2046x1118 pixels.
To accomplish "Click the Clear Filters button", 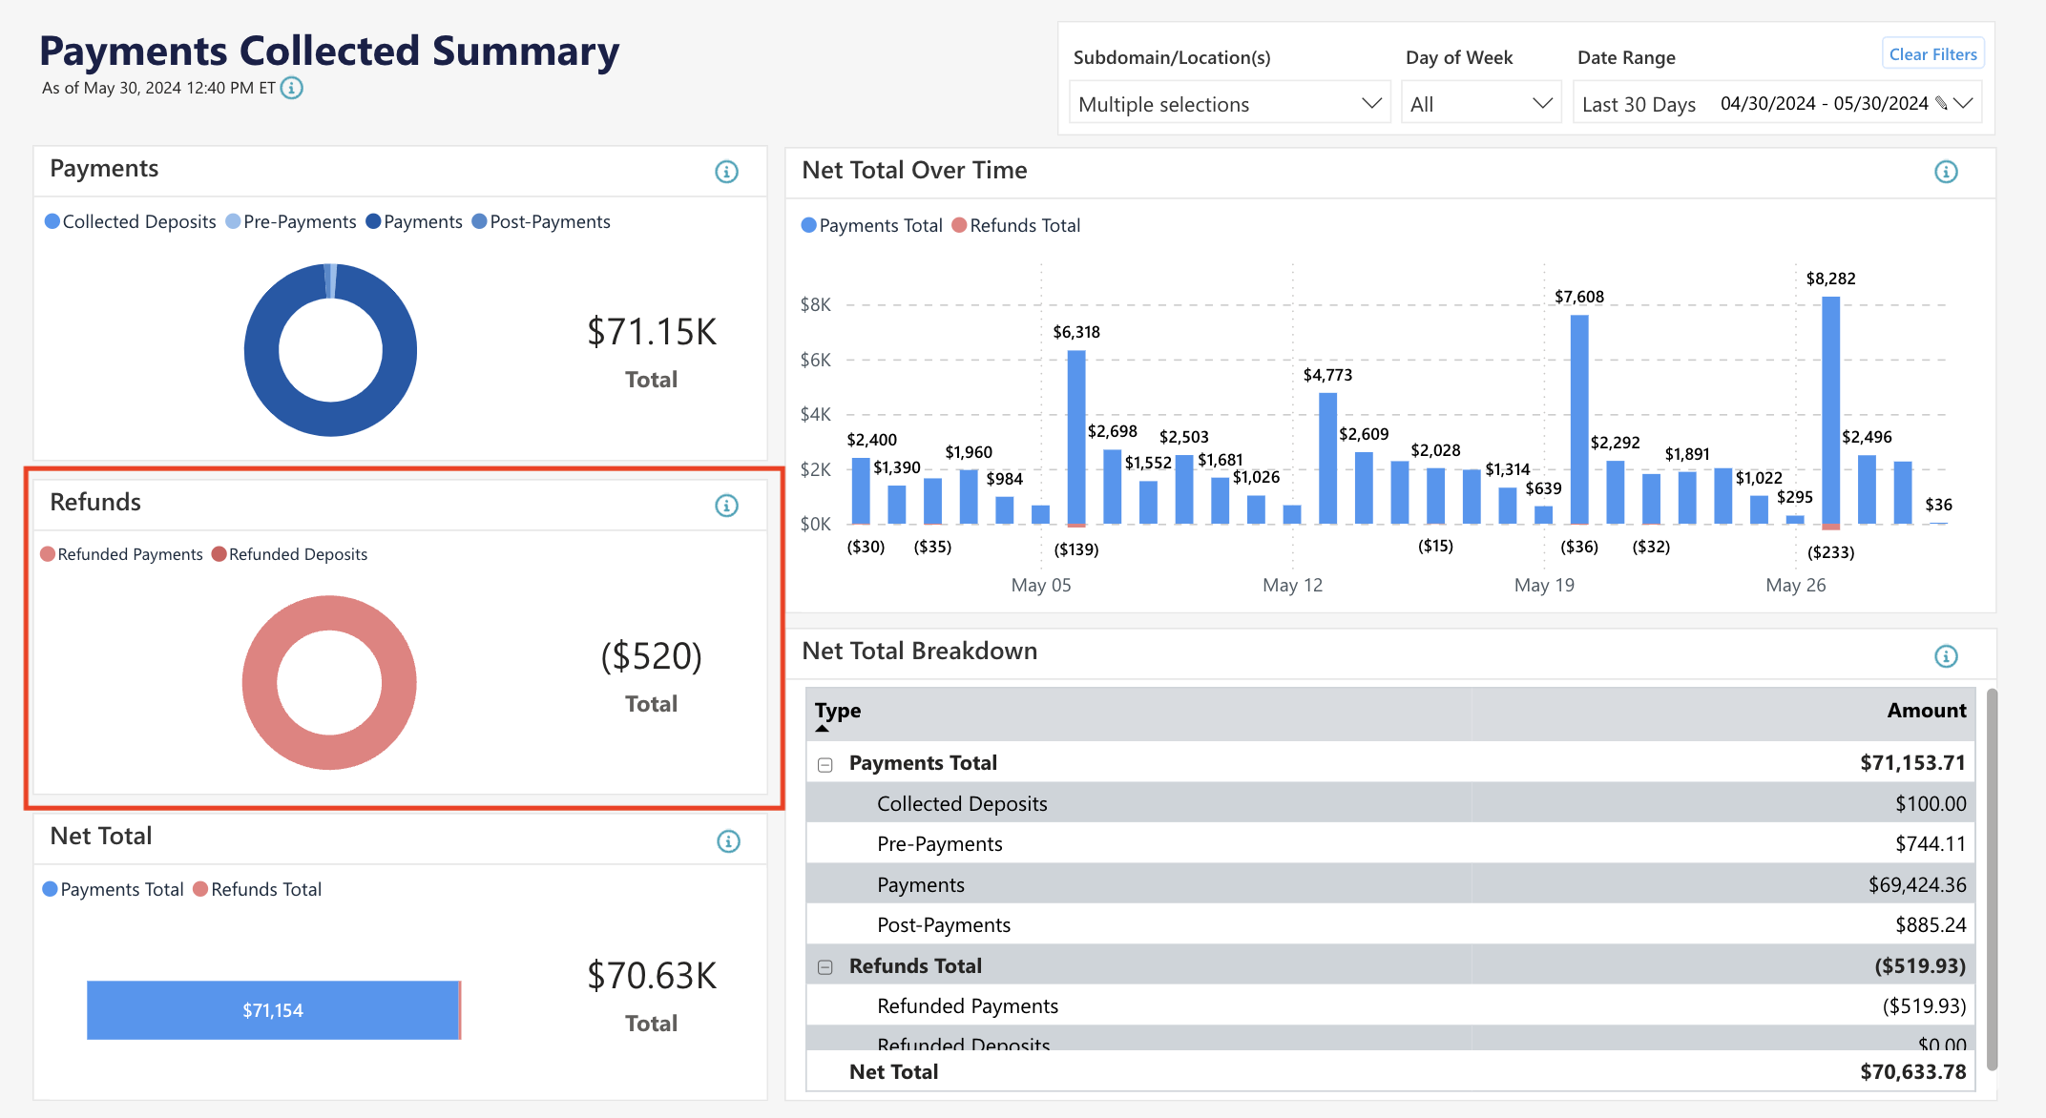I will (x=1932, y=54).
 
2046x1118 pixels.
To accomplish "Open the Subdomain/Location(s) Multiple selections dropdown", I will (x=1228, y=104).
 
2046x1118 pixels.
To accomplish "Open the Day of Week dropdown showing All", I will (x=1480, y=104).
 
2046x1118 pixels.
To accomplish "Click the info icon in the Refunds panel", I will (x=726, y=506).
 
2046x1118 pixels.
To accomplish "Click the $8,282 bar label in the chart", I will (x=1830, y=279).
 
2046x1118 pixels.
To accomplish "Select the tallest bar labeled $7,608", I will (x=1579, y=420).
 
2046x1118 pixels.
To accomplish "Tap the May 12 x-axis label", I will (x=1292, y=585).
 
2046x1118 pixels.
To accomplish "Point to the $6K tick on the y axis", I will (x=815, y=360).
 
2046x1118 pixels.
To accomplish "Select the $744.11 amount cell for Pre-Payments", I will (x=1930, y=844).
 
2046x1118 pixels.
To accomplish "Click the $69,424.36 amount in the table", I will (x=1916, y=885).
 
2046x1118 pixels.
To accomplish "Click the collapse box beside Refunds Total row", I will (x=825, y=967).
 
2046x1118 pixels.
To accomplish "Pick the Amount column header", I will (x=1926, y=711).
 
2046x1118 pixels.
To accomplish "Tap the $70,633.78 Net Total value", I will (x=1912, y=1072).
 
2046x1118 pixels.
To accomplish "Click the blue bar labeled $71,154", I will (x=273, y=1010).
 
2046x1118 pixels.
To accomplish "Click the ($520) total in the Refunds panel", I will (x=651, y=656).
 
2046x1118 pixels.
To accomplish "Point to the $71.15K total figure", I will (x=651, y=332).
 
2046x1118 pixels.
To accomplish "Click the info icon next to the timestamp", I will (x=292, y=88).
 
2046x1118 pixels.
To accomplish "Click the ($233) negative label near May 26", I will (x=1830, y=552).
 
